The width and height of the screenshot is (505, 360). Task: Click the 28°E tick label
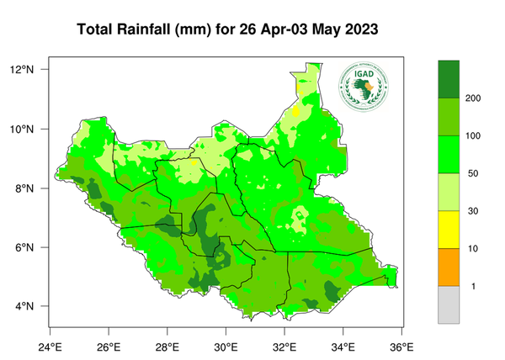click(x=167, y=345)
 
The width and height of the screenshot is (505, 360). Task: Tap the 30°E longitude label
click(x=226, y=345)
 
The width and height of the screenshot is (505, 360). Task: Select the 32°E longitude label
click(x=284, y=345)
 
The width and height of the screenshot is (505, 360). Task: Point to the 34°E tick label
click(x=343, y=345)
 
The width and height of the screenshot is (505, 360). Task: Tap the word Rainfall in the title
click(x=147, y=29)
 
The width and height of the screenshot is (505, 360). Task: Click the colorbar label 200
click(x=473, y=98)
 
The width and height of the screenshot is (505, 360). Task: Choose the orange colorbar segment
click(x=449, y=267)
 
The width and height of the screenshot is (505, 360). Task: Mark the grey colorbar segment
click(x=449, y=304)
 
